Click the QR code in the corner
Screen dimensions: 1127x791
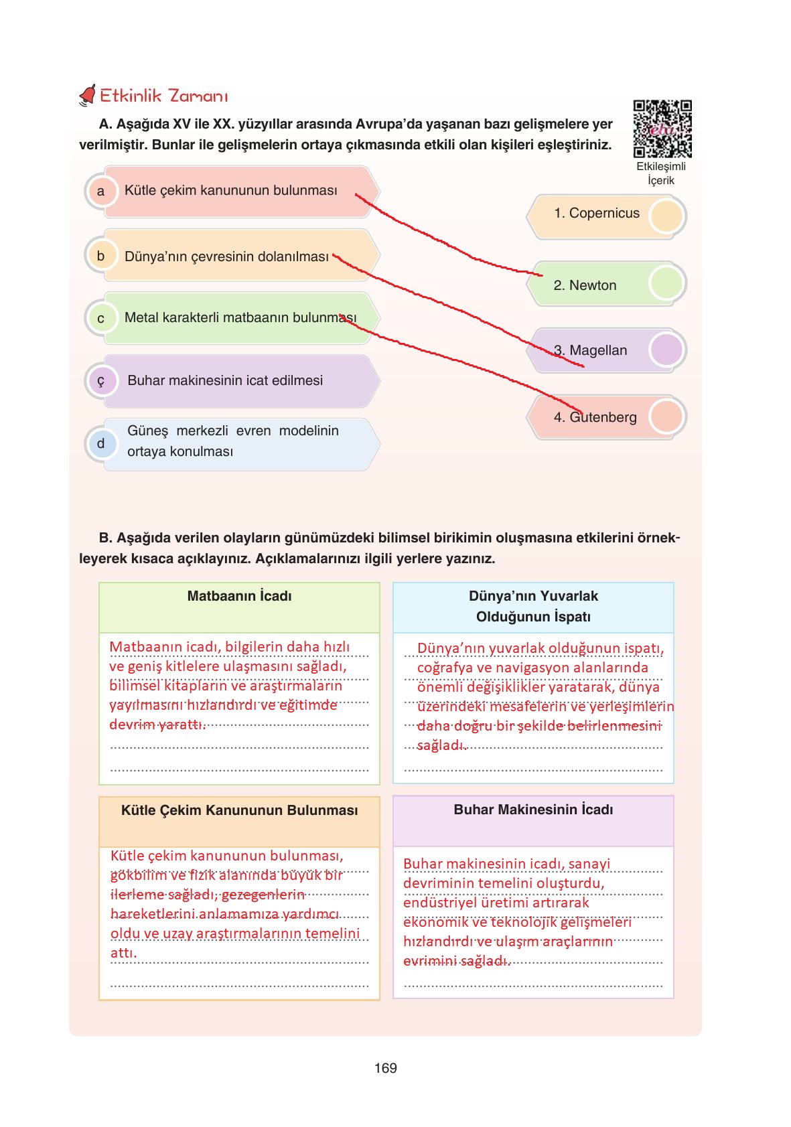point(662,129)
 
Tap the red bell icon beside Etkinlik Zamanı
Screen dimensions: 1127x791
point(88,96)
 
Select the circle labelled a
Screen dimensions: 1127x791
point(101,192)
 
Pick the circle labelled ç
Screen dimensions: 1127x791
point(101,381)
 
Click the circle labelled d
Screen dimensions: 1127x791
point(101,443)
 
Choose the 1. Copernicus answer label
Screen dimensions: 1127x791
point(596,214)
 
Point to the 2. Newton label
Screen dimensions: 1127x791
point(585,285)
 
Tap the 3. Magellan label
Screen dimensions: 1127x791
point(590,350)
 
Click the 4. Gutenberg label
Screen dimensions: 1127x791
point(595,417)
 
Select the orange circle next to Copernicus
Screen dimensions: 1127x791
point(666,216)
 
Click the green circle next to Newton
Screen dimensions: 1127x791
point(666,284)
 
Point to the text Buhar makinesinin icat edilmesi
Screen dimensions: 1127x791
point(225,380)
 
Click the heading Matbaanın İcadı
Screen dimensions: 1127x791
point(239,596)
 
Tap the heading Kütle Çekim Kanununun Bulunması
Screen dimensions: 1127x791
point(239,810)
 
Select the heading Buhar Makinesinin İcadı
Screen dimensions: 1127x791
point(533,810)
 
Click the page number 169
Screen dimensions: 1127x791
point(386,1068)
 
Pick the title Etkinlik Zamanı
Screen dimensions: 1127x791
point(163,96)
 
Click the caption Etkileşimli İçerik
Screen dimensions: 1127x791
point(660,173)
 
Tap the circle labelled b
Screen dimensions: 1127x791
point(101,256)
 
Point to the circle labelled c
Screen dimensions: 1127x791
point(101,319)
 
